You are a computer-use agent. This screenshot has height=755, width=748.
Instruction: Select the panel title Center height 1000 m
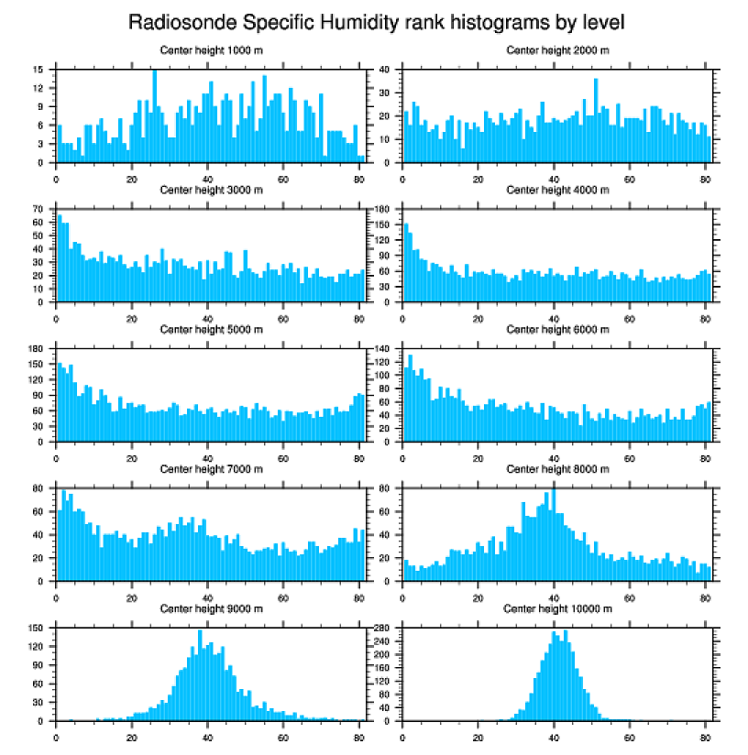coord(211,49)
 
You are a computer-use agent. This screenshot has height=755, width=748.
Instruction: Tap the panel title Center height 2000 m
coord(557,49)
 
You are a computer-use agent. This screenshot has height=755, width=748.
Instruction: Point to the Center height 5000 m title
coord(211,329)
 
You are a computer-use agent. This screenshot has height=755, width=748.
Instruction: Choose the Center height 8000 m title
coord(557,469)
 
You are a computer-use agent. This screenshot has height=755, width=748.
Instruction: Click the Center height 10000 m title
coord(557,608)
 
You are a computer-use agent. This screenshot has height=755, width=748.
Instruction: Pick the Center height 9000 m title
coord(211,608)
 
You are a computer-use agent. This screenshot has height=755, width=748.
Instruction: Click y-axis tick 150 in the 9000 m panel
coord(39,628)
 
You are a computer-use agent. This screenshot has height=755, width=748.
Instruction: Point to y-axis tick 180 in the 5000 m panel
coord(39,349)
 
